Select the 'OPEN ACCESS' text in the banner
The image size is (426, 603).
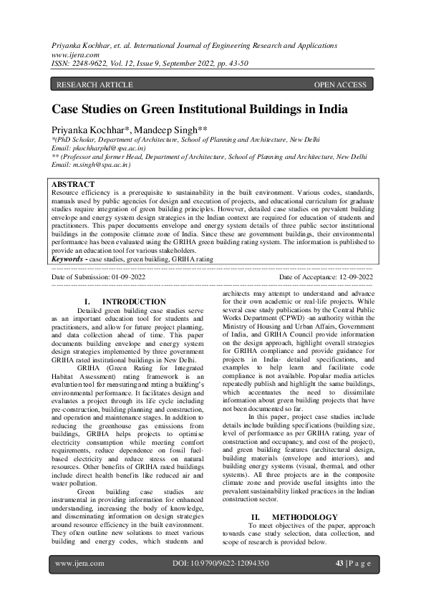click(340, 85)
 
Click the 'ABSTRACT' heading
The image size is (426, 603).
click(74, 184)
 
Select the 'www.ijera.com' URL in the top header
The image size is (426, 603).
click(73, 53)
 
